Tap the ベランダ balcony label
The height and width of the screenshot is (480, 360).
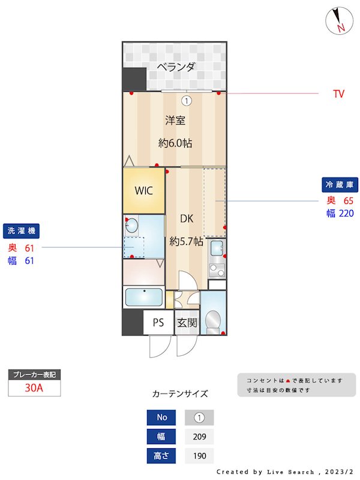[176, 67]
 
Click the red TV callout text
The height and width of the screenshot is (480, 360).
[339, 94]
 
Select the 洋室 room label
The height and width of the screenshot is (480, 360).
[175, 120]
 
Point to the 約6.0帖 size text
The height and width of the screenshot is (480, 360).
[175, 143]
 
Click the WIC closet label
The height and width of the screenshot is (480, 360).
[144, 191]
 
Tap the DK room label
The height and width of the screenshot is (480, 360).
[187, 219]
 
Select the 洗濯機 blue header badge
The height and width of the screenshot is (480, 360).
[21, 231]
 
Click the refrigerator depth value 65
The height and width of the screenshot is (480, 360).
[349, 200]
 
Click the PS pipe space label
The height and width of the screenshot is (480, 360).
[158, 323]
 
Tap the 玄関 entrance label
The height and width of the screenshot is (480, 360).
[187, 323]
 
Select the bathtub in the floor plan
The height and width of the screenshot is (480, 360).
[143, 297]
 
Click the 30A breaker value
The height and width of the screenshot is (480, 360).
[34, 388]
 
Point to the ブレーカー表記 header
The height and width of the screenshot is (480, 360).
[34, 374]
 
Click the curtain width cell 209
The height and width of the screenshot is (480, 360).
[199, 437]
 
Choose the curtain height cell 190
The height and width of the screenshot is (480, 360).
[199, 456]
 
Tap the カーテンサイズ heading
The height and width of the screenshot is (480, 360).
[180, 394]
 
